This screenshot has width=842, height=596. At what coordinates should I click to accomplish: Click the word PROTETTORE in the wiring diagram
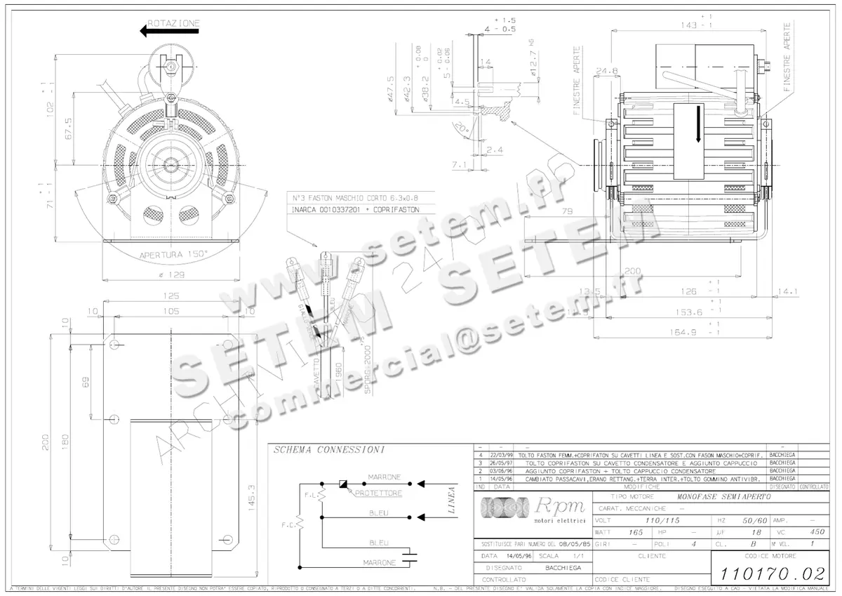[x=378, y=494]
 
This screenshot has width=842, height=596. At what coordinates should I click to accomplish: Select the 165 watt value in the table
[x=634, y=532]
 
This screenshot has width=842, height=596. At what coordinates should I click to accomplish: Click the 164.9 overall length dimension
[x=690, y=332]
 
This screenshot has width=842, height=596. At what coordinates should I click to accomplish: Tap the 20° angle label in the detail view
[x=479, y=129]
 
